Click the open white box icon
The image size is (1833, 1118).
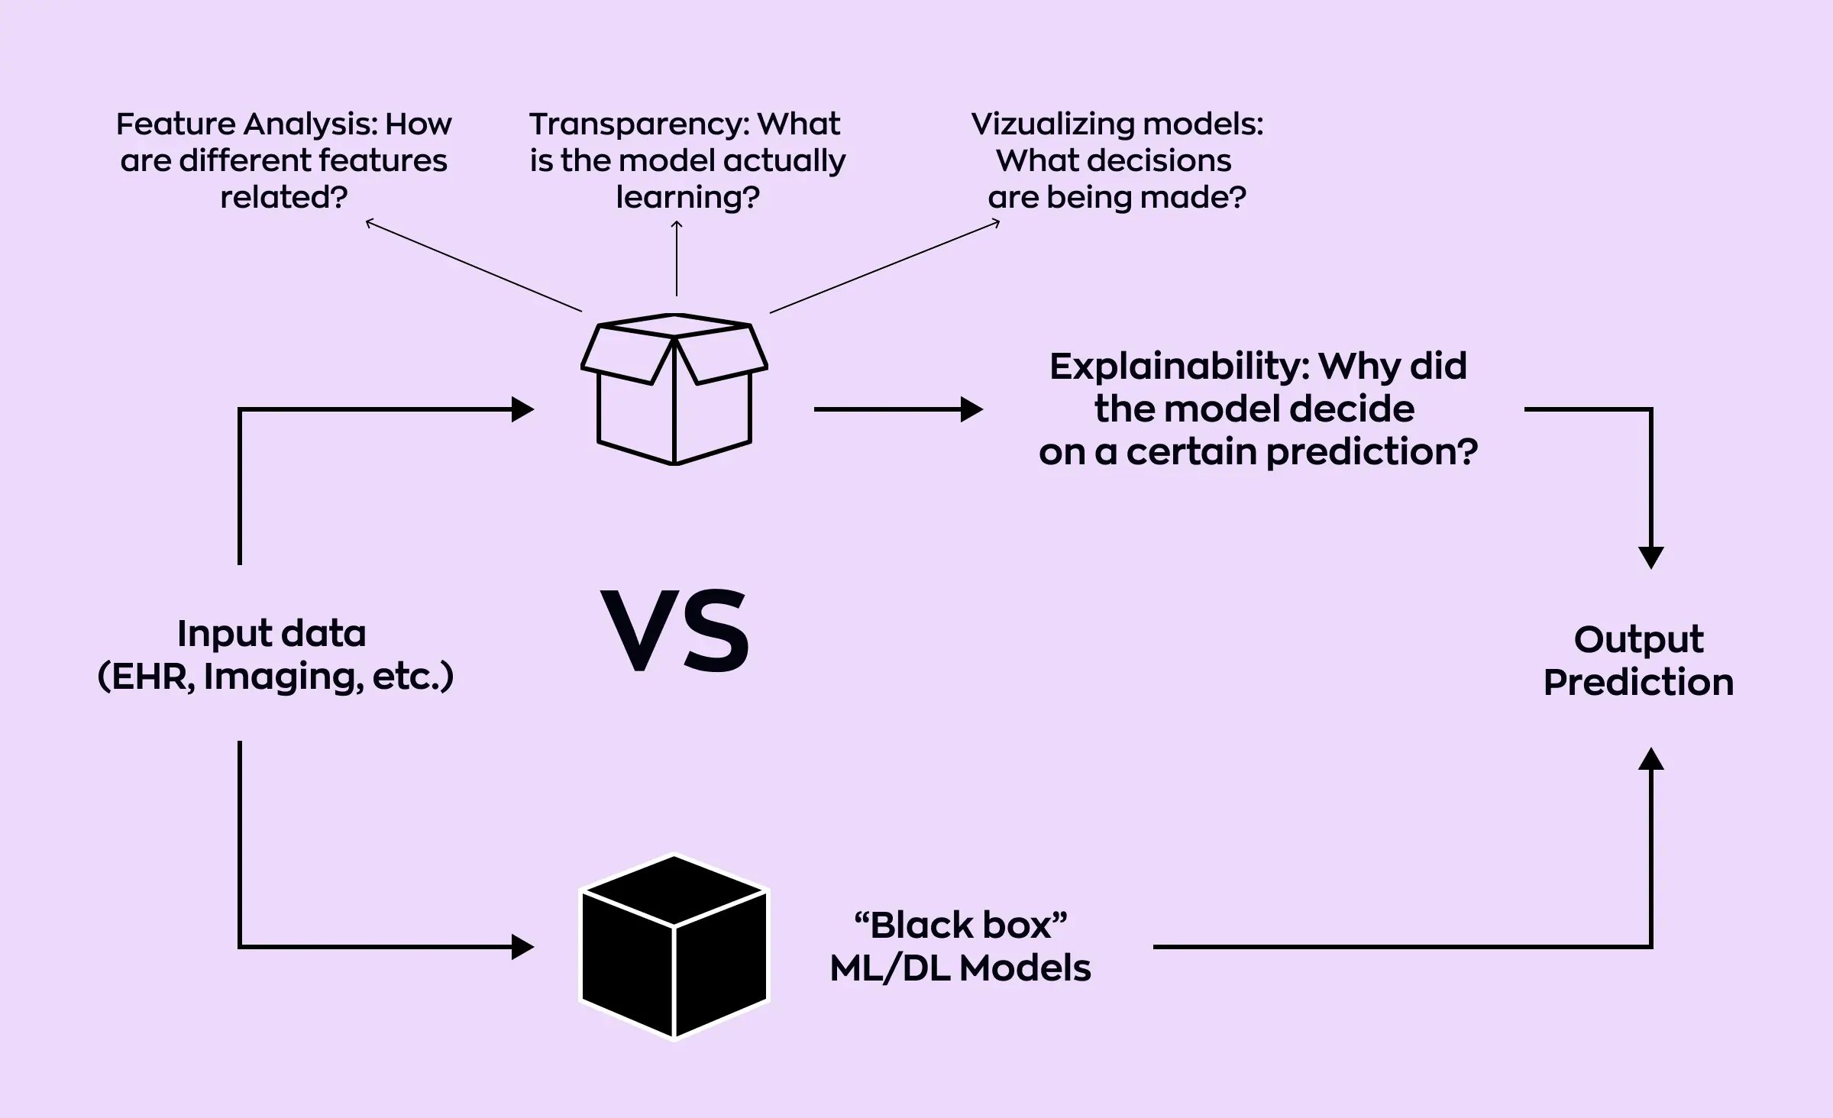(674, 389)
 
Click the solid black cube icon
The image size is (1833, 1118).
(674, 947)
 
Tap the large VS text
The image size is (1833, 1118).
(675, 632)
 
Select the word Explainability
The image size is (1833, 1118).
(1178, 367)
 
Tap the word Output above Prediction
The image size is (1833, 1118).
(1638, 639)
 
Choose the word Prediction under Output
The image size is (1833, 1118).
(1638, 682)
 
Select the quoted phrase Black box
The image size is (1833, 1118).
(961, 925)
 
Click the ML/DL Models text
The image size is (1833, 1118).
(961, 968)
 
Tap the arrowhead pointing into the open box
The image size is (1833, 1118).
(523, 409)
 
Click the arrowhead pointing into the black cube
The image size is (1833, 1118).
(523, 947)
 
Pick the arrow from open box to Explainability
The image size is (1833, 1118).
(898, 409)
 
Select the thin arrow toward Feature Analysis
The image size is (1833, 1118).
(474, 267)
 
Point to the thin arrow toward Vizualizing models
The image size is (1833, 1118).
(884, 267)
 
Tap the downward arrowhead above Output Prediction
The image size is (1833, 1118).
(1651, 557)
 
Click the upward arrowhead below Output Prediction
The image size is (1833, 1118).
(1651, 759)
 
